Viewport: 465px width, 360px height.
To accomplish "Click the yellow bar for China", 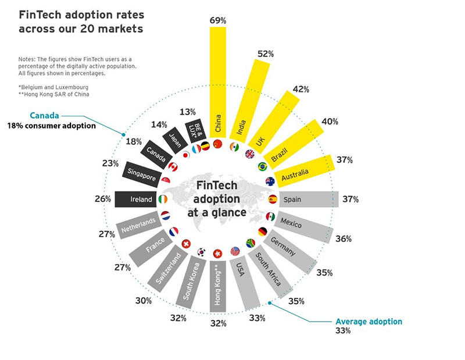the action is (218, 82).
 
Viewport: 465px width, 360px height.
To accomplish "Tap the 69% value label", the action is (218, 20).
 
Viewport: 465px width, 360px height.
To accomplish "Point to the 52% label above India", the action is (266, 54).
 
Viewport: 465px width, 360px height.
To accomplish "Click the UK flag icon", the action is (250, 154).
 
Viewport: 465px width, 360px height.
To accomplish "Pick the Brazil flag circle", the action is (263, 166).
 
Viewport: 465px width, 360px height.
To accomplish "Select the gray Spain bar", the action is (309, 199).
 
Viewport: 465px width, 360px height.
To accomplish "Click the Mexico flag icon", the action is (270, 217).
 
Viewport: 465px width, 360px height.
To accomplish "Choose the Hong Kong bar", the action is (218, 286).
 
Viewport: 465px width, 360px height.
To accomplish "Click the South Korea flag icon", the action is (201, 252).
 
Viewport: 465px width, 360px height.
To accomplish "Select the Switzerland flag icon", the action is (186, 244).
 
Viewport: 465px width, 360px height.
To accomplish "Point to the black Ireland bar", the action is (135, 199).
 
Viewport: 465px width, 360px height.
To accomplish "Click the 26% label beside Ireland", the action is (103, 199).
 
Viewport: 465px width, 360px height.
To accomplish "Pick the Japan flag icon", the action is (186, 155).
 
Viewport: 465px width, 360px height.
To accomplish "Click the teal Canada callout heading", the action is (45, 116).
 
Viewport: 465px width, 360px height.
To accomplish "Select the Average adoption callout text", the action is (369, 322).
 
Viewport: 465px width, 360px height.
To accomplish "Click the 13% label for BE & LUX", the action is (188, 112).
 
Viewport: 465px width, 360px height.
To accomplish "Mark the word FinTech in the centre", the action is (217, 186).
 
